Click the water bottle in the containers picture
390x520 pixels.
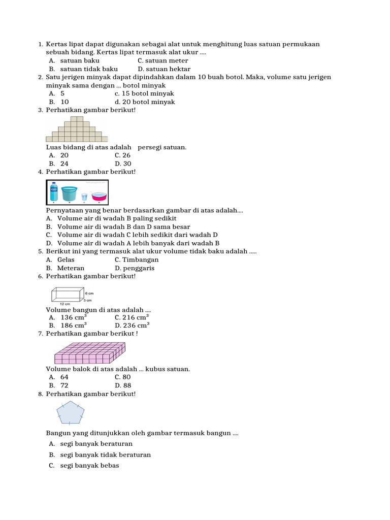click(54, 192)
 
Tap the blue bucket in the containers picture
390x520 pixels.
click(70, 193)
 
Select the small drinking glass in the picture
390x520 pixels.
click(84, 197)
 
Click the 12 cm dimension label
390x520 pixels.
click(58, 304)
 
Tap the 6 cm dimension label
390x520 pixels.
click(89, 294)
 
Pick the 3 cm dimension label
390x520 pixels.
click(88, 300)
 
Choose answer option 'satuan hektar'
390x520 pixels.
click(164, 69)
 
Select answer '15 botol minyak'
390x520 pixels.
click(144, 93)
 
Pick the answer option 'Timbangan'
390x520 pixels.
click(137, 259)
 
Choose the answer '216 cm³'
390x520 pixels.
click(132, 317)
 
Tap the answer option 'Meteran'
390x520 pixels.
click(71, 268)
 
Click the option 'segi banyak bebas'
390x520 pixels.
click(89, 465)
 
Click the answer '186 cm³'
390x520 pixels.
click(74, 326)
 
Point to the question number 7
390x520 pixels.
click(40, 334)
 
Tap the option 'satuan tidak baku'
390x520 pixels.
click(89, 69)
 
